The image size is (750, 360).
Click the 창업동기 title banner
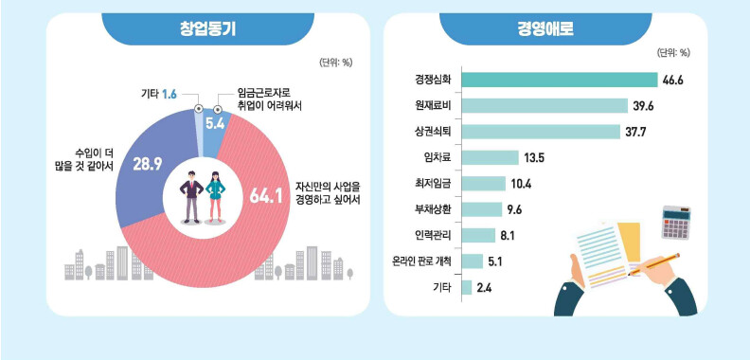click(x=208, y=29)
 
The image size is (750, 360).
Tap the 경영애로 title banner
click(x=545, y=29)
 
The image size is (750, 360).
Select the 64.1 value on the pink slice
click(x=265, y=197)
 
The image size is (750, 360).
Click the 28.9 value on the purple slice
click(x=148, y=164)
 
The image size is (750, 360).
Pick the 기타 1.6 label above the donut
click(x=159, y=95)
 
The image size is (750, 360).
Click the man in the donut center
click(x=192, y=197)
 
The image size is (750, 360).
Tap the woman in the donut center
click(x=215, y=197)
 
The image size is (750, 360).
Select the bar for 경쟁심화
click(x=560, y=80)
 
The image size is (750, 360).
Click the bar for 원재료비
click(x=545, y=106)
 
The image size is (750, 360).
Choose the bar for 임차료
click(x=491, y=157)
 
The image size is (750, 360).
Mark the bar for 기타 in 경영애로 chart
click(x=467, y=288)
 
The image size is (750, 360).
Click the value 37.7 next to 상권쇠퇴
click(x=635, y=132)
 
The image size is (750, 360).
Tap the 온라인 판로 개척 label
click(x=420, y=261)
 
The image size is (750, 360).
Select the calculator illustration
click(x=676, y=223)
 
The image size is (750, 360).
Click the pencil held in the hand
click(x=653, y=263)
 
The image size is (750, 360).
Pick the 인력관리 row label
click(x=431, y=236)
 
